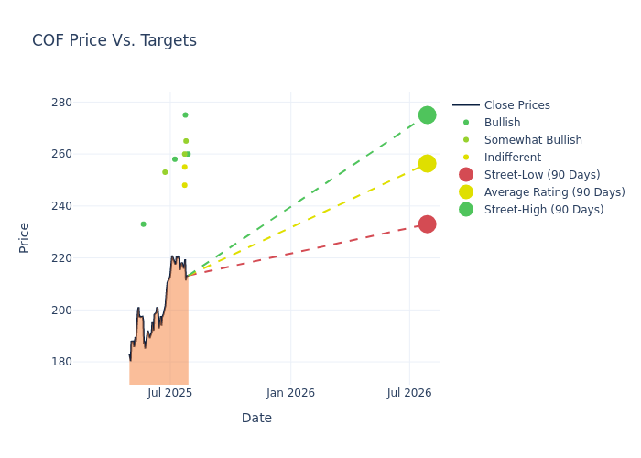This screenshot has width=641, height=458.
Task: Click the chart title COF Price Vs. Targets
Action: click(114, 40)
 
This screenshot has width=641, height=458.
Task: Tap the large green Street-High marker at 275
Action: click(427, 114)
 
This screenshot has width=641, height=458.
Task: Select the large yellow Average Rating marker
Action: click(427, 163)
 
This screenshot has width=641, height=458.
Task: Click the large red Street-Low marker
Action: click(427, 224)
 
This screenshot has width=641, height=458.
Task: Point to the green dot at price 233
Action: click(143, 224)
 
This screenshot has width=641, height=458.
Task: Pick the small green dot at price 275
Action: click(185, 115)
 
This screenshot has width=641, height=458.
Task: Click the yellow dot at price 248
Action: click(184, 185)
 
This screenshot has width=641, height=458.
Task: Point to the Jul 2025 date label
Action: click(169, 393)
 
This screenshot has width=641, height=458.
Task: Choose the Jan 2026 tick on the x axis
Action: click(290, 393)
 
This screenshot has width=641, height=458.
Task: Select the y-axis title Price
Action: click(25, 237)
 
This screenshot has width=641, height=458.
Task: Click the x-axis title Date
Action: click(256, 418)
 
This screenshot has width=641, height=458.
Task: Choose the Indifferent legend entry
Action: click(512, 158)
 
